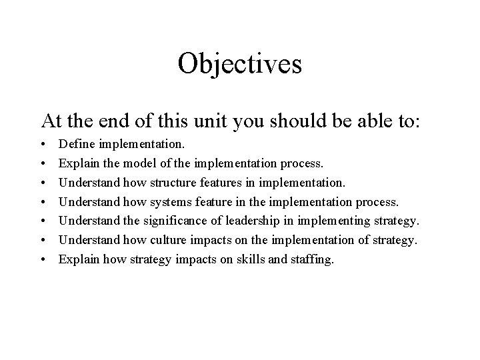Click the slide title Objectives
point(240,64)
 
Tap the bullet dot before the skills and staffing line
point(44,259)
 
